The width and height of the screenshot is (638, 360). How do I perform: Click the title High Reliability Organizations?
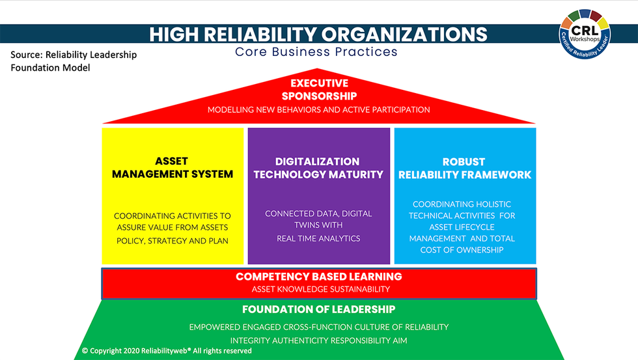point(318,34)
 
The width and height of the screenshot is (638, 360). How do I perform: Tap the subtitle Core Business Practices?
point(316,51)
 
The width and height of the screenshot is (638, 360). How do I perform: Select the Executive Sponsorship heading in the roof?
point(319,90)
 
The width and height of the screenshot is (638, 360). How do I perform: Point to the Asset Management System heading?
point(172,167)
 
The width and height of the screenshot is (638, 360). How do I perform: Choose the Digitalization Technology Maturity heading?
point(318,167)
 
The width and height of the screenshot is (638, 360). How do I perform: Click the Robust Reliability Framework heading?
point(465,167)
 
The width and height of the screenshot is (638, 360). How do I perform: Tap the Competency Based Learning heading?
point(318,277)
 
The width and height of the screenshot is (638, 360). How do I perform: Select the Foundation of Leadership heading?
point(318,309)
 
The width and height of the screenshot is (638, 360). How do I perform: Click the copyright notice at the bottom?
point(167,351)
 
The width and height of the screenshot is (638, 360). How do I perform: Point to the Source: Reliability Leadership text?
point(74,55)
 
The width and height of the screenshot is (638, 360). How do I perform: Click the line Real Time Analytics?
point(318,238)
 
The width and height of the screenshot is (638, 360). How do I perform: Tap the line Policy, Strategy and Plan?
point(172,241)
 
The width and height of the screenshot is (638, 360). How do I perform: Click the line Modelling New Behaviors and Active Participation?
point(318,109)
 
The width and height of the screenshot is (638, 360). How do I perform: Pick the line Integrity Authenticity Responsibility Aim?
point(318,340)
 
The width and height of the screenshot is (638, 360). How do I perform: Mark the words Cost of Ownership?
point(462,250)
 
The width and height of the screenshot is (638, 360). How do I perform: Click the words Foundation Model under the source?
point(50,68)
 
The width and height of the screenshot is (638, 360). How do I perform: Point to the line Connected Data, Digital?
point(318,214)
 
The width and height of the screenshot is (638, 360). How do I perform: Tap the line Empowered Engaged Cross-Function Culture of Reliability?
point(318,327)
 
